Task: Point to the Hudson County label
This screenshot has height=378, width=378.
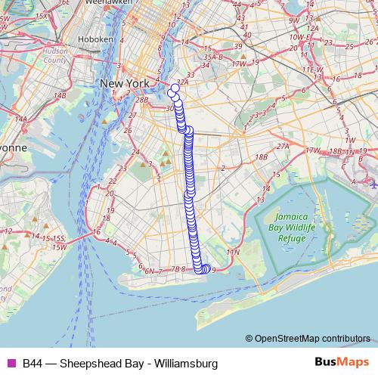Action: [x=54, y=54]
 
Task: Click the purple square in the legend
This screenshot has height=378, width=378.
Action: [x=11, y=363]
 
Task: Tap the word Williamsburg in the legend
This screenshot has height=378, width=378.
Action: [x=186, y=363]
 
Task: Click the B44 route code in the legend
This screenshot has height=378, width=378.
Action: [x=32, y=363]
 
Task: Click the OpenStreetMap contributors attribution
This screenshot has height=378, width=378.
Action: [x=312, y=339]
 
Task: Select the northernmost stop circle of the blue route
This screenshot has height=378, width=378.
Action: [x=175, y=88]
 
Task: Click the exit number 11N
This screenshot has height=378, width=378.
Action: [x=233, y=251]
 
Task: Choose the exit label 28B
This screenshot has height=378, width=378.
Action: [x=142, y=100]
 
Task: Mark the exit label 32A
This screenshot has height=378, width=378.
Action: [x=182, y=82]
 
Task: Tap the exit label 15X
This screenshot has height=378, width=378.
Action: [x=42, y=15]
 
